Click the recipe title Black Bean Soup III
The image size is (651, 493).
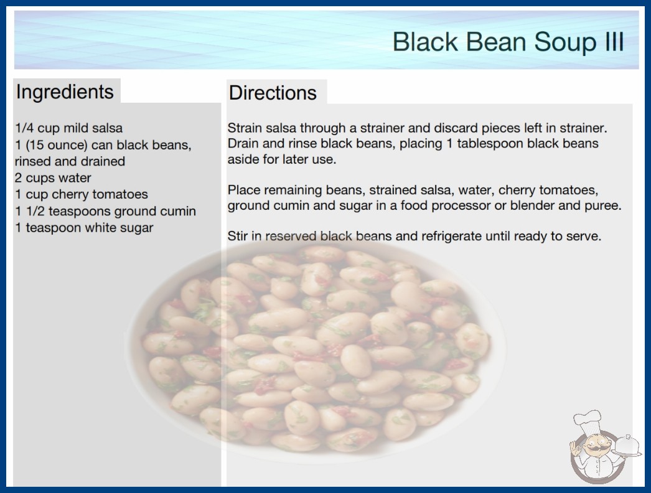508,42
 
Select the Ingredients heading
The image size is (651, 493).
65,92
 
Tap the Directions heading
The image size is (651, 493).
273,93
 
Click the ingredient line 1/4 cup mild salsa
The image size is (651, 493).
69,128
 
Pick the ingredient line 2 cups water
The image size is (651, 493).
53,178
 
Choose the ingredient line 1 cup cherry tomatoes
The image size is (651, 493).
82,194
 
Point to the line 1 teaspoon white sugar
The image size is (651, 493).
84,228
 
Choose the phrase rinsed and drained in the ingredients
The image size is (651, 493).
70,161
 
